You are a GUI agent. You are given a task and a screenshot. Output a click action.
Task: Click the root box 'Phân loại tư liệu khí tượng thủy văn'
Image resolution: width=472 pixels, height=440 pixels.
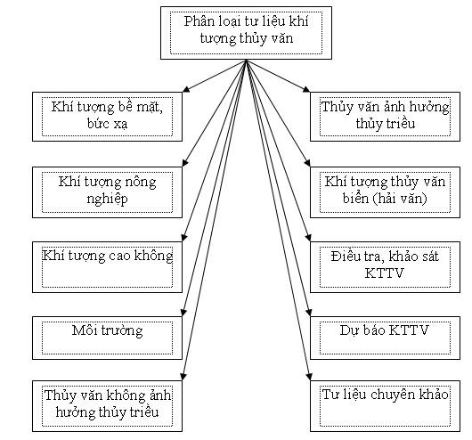pyautogui.click(x=246, y=33)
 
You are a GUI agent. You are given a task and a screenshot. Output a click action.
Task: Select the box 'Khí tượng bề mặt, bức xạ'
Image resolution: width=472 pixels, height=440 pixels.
pyautogui.click(x=107, y=117)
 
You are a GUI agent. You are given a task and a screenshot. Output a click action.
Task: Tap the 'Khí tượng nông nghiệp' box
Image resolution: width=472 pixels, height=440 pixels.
pyautogui.click(x=107, y=192)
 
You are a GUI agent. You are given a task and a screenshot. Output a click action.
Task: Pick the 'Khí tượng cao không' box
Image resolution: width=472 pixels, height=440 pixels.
pyautogui.click(x=107, y=267)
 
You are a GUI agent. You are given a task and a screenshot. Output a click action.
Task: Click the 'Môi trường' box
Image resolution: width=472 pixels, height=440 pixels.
pyautogui.click(x=107, y=338)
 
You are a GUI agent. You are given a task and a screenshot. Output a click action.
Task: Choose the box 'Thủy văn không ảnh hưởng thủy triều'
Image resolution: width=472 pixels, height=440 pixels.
pyautogui.click(x=107, y=406)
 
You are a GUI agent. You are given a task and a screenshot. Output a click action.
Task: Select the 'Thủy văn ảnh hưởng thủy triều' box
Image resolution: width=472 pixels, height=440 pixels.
pyautogui.click(x=385, y=117)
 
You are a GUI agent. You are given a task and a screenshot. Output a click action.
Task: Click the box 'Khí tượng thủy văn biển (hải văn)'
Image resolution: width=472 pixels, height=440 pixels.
pyautogui.click(x=385, y=192)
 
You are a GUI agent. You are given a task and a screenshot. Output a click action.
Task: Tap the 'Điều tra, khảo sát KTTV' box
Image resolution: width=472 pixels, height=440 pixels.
pyautogui.click(x=385, y=267)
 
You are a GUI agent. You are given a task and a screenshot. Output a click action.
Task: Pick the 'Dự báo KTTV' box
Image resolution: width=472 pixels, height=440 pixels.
pyautogui.click(x=385, y=338)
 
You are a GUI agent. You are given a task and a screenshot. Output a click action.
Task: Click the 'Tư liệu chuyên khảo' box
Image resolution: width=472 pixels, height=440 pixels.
pyautogui.click(x=385, y=406)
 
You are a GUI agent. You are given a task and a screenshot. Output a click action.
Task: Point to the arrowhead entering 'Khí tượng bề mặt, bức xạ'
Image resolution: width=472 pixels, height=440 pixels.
pyautogui.click(x=186, y=89)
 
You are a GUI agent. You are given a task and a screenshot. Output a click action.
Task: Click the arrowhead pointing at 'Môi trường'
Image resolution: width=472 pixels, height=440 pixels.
pyautogui.click(x=183, y=312)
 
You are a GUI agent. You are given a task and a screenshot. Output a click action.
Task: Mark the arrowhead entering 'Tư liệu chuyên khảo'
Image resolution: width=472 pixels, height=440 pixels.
pyautogui.click(x=308, y=377)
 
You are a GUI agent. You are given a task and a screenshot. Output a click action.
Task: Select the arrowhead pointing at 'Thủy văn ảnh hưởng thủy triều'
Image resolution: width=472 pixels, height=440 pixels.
pyautogui.click(x=306, y=89)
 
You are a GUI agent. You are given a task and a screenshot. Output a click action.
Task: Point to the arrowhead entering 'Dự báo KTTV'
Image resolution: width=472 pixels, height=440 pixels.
pyautogui.click(x=308, y=312)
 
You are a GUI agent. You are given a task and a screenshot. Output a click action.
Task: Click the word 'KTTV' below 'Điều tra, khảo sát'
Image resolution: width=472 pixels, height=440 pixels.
pyautogui.click(x=384, y=273)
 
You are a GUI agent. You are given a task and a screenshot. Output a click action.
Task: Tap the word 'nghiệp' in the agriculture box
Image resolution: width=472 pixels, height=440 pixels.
pyautogui.click(x=107, y=200)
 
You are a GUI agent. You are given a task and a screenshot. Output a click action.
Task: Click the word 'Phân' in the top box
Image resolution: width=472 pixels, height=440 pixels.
pyautogui.click(x=198, y=21)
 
